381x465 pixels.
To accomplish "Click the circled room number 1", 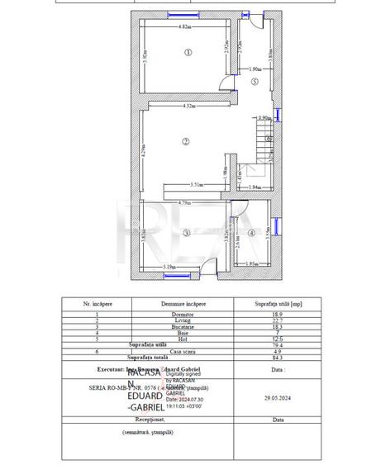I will [188, 52].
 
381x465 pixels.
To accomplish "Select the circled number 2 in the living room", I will [186, 141].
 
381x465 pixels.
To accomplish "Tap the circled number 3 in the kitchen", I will [186, 234].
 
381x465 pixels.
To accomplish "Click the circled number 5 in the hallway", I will [255, 82].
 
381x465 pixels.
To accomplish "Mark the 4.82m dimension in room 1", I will [185, 28].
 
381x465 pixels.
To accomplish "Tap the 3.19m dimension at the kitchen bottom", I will [169, 266].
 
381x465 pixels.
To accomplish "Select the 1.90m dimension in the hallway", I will [255, 69].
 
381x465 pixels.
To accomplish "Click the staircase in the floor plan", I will [264, 140].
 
